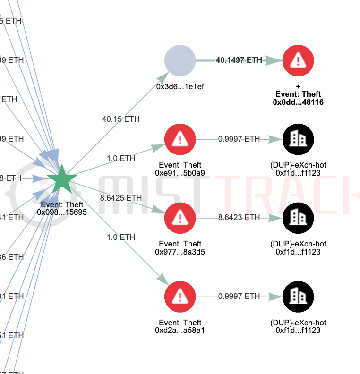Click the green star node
pos(61,179)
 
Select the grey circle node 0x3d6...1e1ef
pos(180,60)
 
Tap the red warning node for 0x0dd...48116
pos(298,60)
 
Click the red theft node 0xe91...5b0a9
pos(180,139)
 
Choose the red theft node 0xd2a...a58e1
pos(180,297)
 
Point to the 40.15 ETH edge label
pos(121,119)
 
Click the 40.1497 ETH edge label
pos(239,60)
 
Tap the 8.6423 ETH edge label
pos(239,217)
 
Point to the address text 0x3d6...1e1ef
pos(180,87)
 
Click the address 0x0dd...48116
pos(298,102)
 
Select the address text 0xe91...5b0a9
pos(180,173)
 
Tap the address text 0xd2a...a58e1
pos(180,331)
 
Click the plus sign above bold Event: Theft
pos(298,87)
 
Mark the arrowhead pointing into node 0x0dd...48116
pos(273,60)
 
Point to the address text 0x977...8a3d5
pos(180,252)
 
